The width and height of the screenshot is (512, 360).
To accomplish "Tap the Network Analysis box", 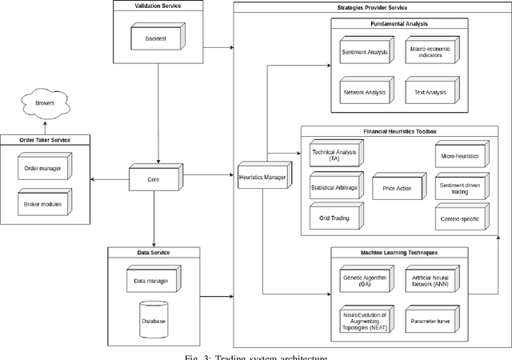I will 364,91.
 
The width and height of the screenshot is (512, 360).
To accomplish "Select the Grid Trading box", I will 334,215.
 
